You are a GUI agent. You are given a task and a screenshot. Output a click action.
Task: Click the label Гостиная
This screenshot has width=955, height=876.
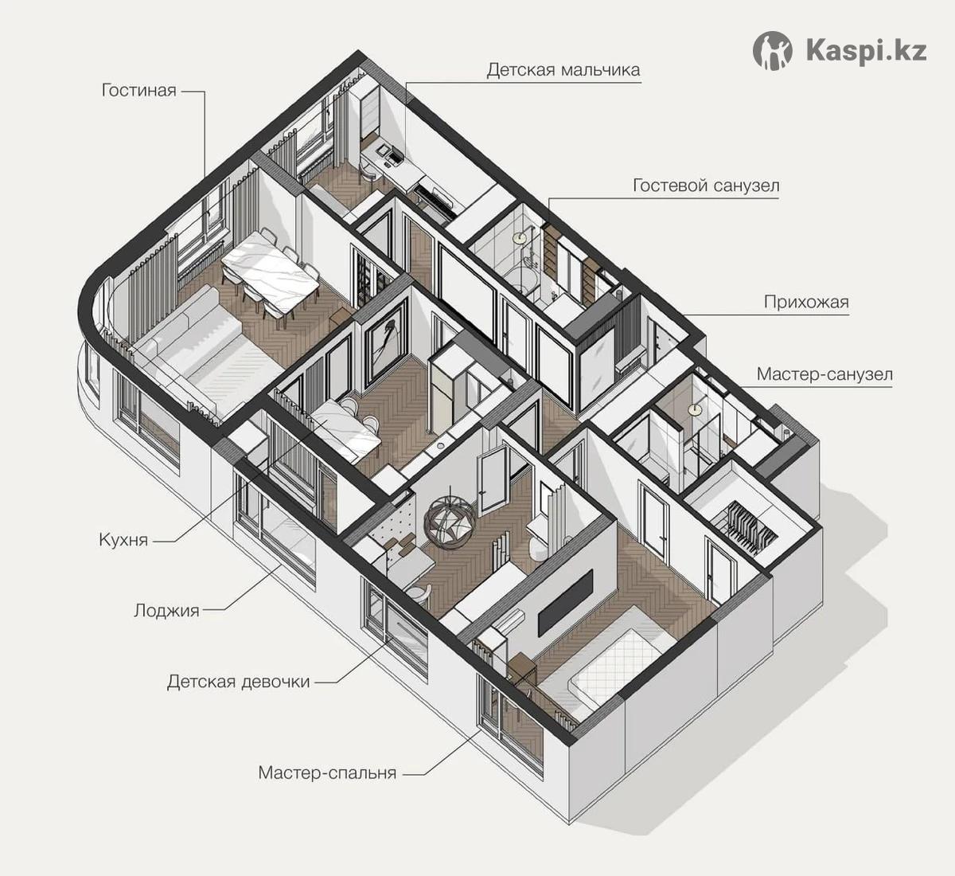coord(139,91)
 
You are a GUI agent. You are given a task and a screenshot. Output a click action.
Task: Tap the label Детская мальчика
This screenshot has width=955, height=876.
coord(563,70)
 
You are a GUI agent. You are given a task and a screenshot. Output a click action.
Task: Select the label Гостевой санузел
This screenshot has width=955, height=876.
coord(706,186)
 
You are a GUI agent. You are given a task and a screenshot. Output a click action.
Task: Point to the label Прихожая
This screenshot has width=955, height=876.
coord(806,302)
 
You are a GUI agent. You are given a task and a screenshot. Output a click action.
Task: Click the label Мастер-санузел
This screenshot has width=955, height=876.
coord(824,374)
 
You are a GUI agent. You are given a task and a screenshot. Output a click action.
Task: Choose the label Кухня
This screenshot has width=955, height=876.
coord(124,540)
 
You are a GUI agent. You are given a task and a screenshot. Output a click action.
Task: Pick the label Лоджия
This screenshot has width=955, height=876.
coord(166,611)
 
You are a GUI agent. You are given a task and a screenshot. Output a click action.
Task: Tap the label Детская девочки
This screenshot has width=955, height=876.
coord(239,682)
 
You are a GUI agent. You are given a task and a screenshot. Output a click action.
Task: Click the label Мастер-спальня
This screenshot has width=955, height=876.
coord(328,773)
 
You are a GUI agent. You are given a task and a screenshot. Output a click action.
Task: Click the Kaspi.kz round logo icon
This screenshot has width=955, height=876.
coord(773,51)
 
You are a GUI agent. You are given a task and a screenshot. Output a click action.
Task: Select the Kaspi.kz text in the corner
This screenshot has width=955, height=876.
coord(867,51)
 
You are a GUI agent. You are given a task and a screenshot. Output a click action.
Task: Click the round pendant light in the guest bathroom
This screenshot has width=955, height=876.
coord(520,236)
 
